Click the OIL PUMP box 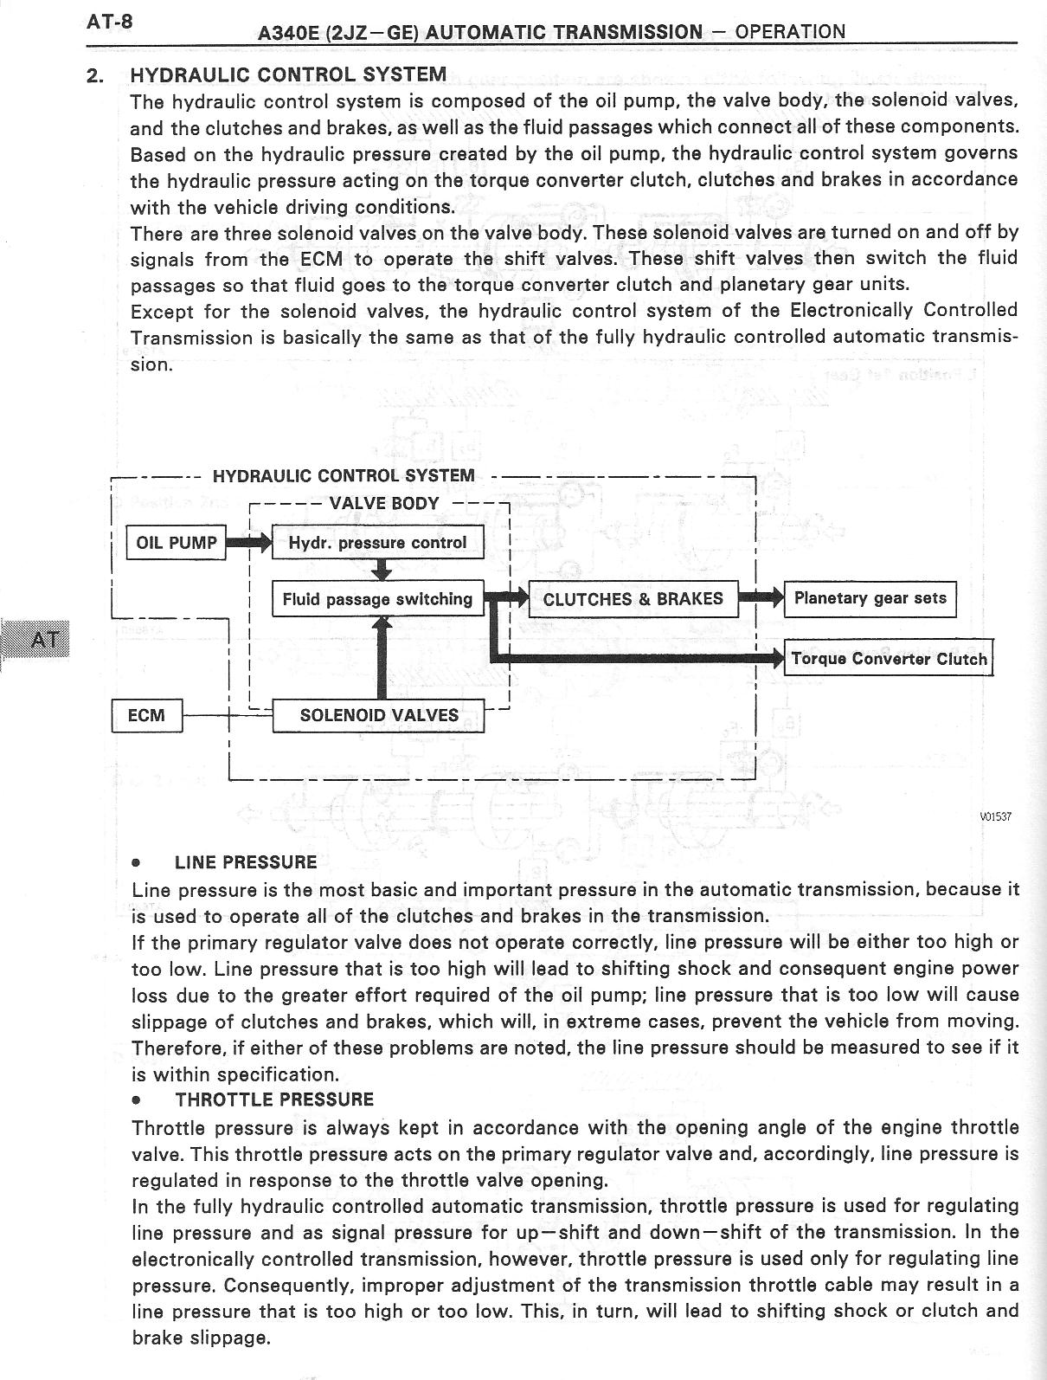point(177,543)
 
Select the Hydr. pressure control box point(377,543)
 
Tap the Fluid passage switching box point(377,598)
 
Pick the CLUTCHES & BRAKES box point(633,598)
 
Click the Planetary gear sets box point(870,598)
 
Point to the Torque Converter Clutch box point(889,659)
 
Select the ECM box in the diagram point(147,715)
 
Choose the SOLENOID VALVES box point(378,715)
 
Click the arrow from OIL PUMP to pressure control point(249,543)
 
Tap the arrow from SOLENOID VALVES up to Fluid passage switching point(382,658)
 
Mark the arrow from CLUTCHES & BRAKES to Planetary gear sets point(761,597)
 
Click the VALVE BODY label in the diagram point(384,503)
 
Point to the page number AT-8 point(109,21)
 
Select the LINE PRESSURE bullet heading point(246,862)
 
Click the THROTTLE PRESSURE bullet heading point(274,1100)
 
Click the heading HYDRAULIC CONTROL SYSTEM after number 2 point(288,74)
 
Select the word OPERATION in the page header point(789,32)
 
